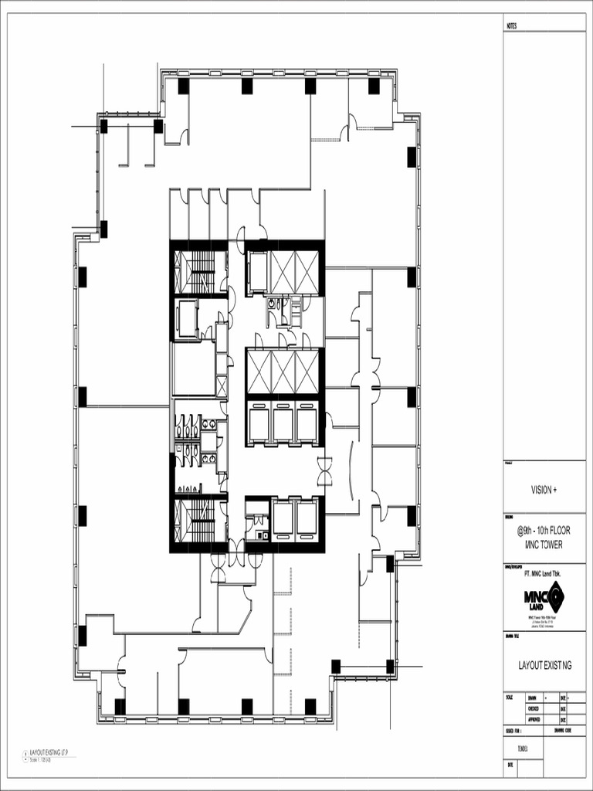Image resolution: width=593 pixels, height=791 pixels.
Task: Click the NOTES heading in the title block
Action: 512,26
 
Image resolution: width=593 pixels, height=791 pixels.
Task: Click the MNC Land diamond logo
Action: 554,596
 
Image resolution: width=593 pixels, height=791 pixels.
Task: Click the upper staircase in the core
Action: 199,272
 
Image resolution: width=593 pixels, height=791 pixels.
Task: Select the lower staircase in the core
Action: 199,521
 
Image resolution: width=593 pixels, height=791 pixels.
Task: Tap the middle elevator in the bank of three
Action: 283,423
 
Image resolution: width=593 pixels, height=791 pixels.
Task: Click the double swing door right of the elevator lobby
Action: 325,470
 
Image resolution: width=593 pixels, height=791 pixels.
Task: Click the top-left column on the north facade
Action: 183,86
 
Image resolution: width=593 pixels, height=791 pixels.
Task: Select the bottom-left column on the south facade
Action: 120,706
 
